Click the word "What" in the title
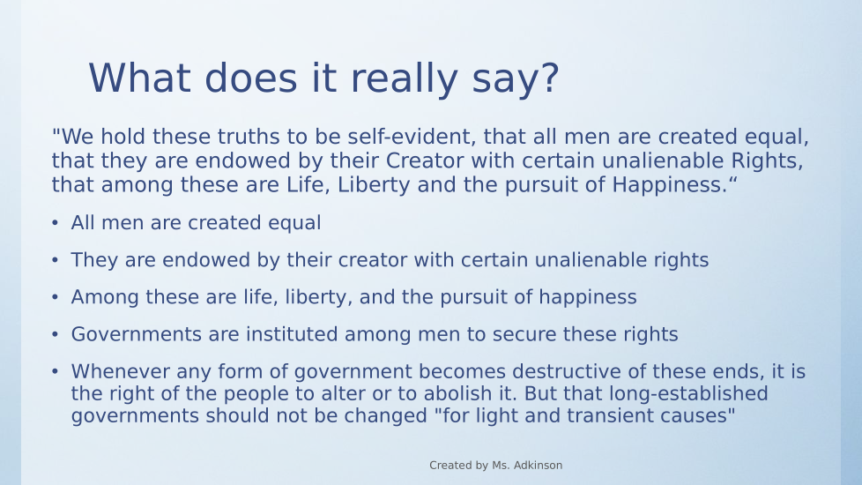point(139,78)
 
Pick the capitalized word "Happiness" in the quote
point(670,185)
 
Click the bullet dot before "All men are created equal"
point(55,223)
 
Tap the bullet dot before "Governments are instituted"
point(55,334)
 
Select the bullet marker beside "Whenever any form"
point(55,372)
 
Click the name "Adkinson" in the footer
point(539,466)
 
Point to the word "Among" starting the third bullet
point(105,297)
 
